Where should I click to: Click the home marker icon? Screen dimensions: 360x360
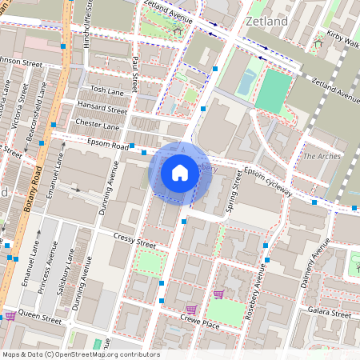point(180,173)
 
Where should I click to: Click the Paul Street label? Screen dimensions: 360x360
point(136,72)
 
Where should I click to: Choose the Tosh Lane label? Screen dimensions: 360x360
point(107,91)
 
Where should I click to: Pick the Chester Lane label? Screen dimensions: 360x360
point(97,125)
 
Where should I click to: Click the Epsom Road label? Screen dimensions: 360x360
point(109,147)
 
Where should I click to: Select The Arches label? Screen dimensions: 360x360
point(322,156)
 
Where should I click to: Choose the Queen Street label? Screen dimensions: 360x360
point(39,318)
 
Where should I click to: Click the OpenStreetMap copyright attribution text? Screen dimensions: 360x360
point(81,354)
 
